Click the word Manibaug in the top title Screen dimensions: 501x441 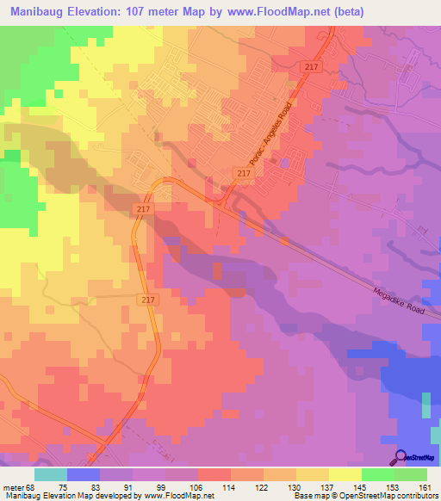pos(42,12)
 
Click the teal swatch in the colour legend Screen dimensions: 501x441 pos(51,475)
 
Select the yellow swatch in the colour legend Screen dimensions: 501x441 pos(345,475)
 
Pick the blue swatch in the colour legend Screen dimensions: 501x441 pos(84,475)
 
